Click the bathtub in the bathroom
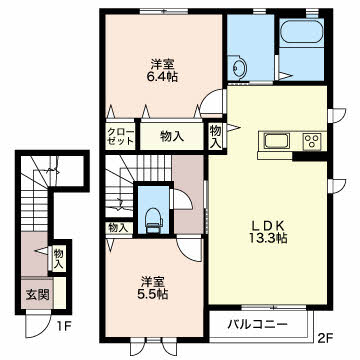click(302, 31)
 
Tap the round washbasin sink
click(239, 68)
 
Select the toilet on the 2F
click(153, 220)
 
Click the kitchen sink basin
click(276, 141)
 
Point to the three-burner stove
click(312, 141)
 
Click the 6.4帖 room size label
click(163, 77)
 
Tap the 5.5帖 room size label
click(153, 294)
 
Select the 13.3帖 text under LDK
click(268, 238)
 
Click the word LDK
click(268, 226)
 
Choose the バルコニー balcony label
click(258, 324)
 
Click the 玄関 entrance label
click(38, 294)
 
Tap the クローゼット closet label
click(120, 136)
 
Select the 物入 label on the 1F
click(59, 259)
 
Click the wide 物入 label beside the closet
click(172, 136)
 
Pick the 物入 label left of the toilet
click(118, 228)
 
